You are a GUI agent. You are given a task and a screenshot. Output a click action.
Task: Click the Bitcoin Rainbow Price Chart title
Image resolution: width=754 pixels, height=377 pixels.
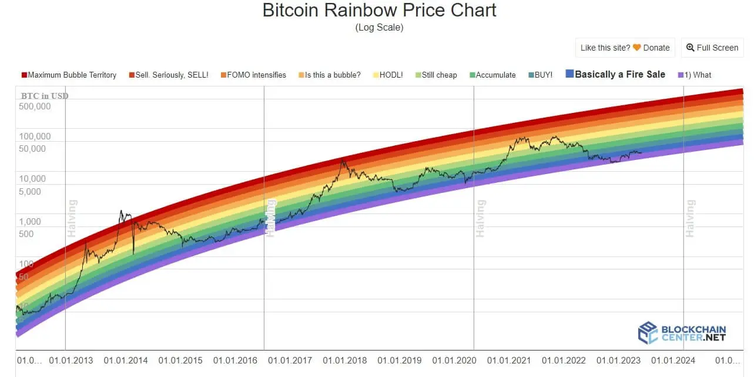tap(379, 10)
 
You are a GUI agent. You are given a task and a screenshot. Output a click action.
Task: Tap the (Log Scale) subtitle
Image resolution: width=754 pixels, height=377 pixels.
tap(379, 28)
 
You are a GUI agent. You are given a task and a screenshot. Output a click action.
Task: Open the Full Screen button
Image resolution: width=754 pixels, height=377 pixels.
tap(712, 48)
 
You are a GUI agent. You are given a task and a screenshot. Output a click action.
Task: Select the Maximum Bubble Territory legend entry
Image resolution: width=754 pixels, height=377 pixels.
tap(69, 75)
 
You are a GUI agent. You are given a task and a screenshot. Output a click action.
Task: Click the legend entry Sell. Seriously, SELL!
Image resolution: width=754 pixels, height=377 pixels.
tap(168, 75)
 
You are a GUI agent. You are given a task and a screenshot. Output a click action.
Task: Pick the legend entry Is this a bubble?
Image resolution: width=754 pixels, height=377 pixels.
tap(329, 75)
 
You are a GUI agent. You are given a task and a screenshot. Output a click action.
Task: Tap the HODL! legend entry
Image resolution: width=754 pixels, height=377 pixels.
tap(388, 75)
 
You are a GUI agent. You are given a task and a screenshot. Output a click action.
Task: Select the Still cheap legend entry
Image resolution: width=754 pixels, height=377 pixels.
tap(435, 75)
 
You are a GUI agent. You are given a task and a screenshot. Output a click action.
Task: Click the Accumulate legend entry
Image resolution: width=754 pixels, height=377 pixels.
tap(492, 75)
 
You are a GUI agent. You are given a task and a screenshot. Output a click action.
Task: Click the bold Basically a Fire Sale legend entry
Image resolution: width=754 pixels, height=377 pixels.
tap(615, 74)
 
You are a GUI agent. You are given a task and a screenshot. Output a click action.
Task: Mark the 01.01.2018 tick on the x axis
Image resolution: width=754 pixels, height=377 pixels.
tap(344, 361)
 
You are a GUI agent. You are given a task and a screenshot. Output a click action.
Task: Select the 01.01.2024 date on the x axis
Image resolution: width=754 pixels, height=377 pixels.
tap(673, 361)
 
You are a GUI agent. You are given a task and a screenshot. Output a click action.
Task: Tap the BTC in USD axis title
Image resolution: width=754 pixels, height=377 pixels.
tap(45, 96)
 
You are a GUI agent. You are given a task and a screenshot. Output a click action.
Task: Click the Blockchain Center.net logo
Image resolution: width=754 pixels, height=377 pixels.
tap(682, 333)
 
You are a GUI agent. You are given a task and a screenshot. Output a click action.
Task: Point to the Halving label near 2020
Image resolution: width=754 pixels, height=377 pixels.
tap(481, 219)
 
